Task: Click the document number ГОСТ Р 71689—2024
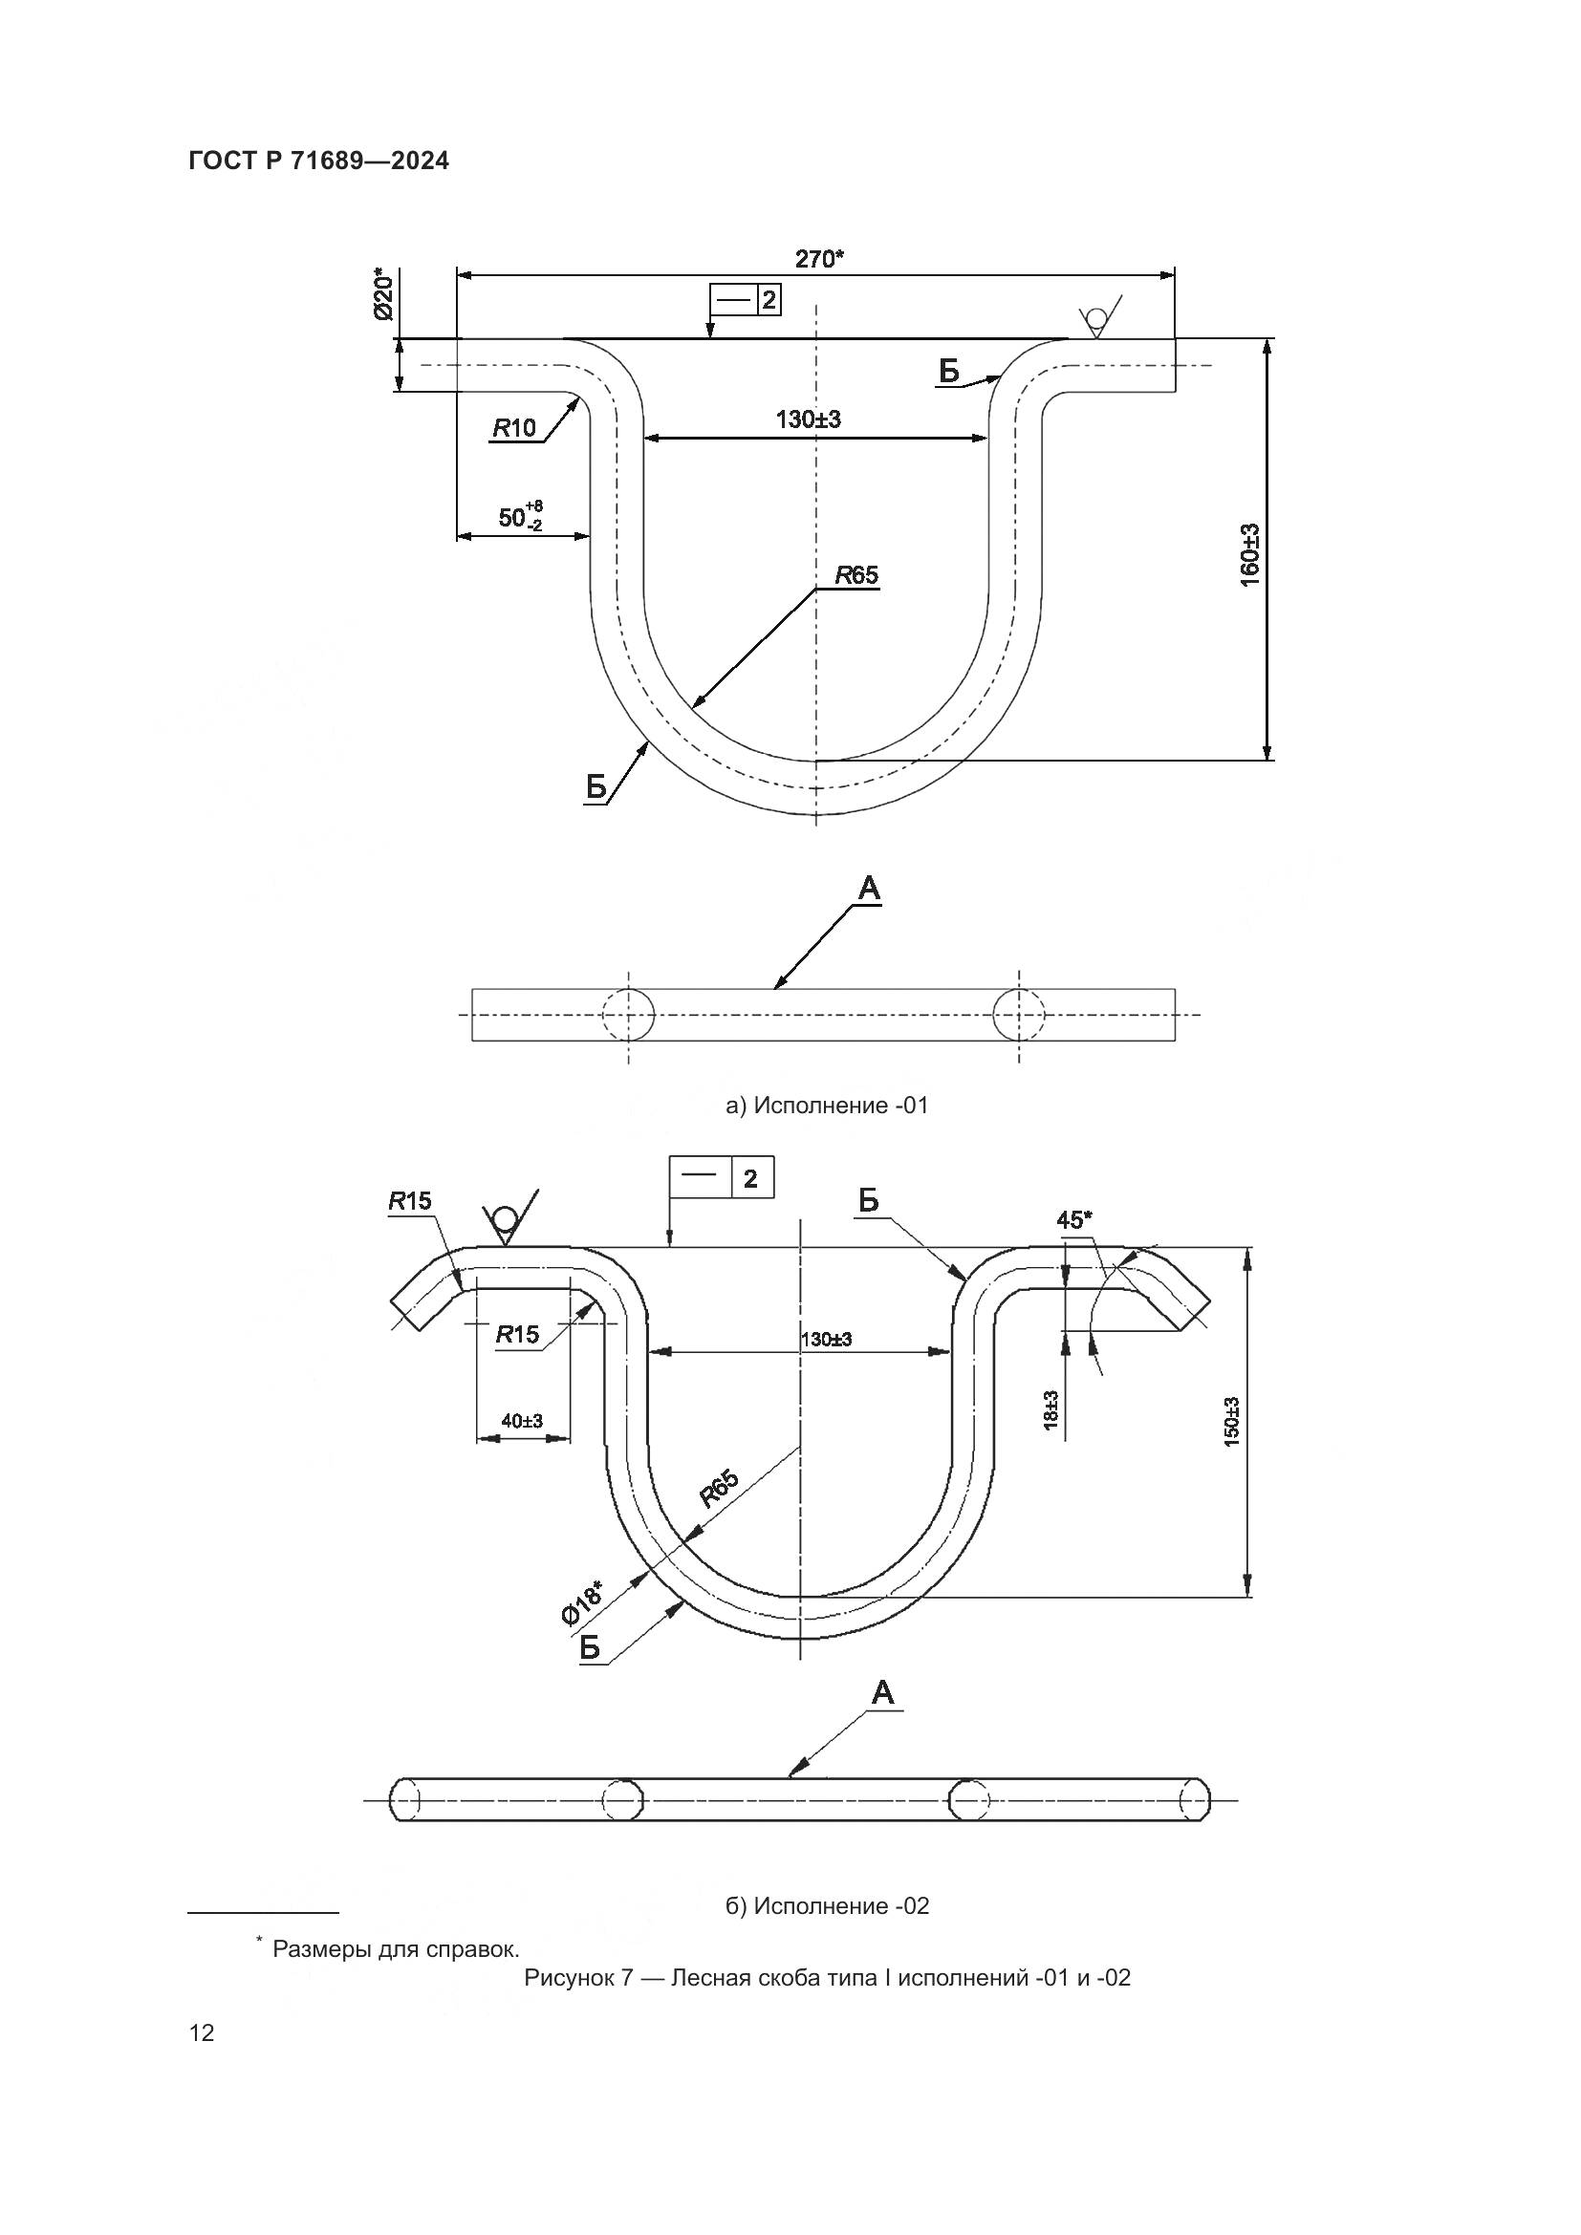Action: point(318,161)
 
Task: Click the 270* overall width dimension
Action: point(819,259)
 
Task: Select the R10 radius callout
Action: point(514,428)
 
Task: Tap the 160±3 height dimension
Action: point(1250,554)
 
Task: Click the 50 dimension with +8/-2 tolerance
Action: point(520,517)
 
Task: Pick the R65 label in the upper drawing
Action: point(856,576)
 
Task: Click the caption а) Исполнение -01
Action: point(827,1106)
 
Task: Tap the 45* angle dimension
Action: point(1074,1220)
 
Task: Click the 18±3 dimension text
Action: point(1052,1408)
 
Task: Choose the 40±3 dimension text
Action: point(522,1421)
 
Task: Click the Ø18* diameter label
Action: point(581,1602)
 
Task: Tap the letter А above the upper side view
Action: point(868,888)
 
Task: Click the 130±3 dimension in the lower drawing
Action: point(826,1340)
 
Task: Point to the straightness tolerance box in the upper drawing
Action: point(745,300)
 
